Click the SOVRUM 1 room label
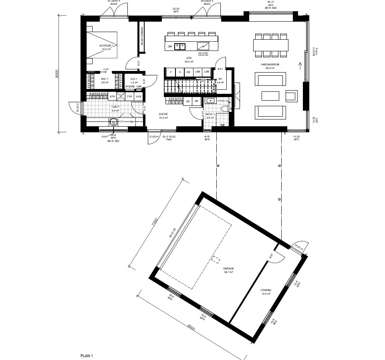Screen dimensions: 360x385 click(107, 47)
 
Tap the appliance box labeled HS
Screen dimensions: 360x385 click(188, 72)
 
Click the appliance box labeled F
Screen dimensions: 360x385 click(171, 72)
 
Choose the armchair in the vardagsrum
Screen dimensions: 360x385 click(291, 95)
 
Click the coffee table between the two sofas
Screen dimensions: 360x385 click(270, 95)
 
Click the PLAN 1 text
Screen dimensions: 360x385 click(87, 356)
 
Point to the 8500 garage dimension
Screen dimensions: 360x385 click(191, 327)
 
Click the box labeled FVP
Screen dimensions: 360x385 click(130, 97)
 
